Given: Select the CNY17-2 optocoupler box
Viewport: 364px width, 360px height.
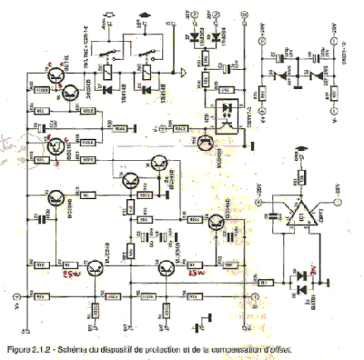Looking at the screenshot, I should point(233,115).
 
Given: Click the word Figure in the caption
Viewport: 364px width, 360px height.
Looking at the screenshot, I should point(20,349).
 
